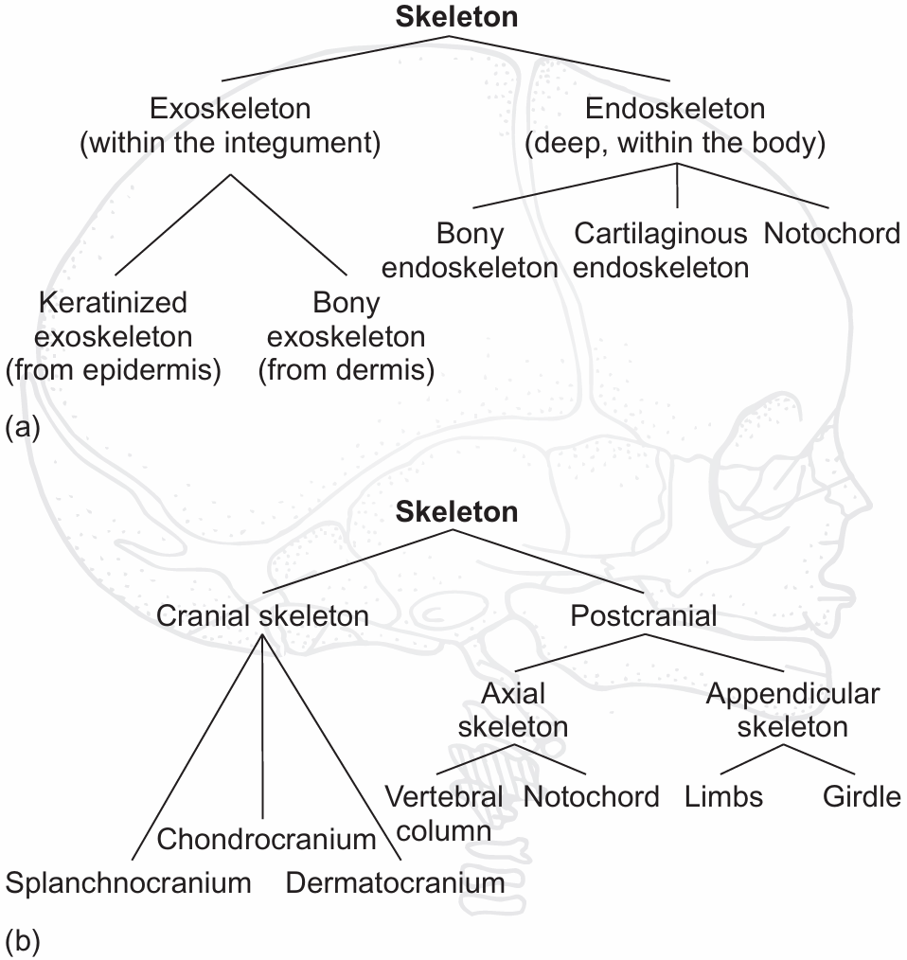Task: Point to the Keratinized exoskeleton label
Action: [113, 336]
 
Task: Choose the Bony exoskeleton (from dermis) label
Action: [346, 336]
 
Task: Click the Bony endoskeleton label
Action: [470, 250]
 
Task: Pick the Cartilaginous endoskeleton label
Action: [661, 250]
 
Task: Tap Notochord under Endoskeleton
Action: [831, 233]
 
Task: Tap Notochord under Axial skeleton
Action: [592, 796]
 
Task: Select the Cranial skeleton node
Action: [262, 616]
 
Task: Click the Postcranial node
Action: [644, 616]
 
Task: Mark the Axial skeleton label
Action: [513, 710]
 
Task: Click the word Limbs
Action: [723, 796]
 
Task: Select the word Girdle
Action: [862, 796]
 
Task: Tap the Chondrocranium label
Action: [266, 839]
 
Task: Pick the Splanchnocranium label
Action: [129, 883]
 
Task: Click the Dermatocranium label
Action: [395, 883]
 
